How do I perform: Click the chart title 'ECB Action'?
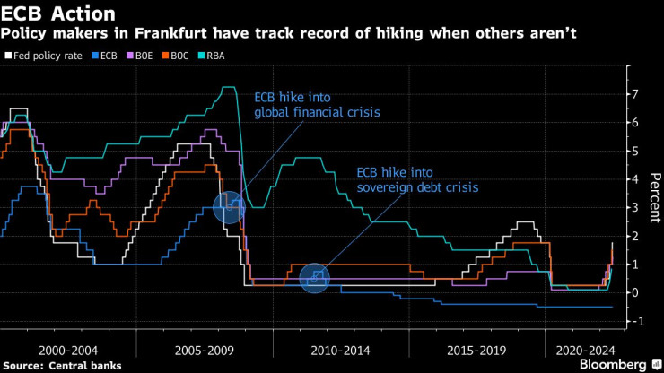(x=59, y=13)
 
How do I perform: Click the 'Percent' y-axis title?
(x=654, y=193)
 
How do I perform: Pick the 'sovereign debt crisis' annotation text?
(x=416, y=188)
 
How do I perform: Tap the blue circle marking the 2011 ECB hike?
(x=315, y=278)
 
